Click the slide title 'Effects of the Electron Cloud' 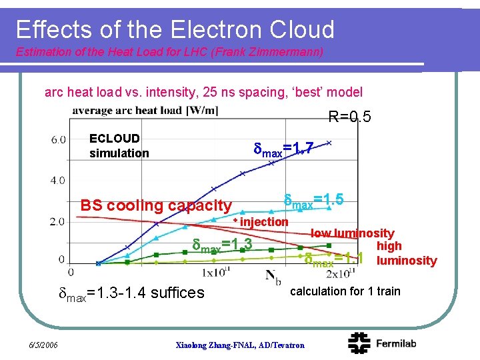click(175, 29)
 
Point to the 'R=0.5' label click(349, 118)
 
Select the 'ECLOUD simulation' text click(119, 146)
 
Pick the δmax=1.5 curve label click(313, 200)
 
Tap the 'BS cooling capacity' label click(155, 206)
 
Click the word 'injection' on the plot click(264, 221)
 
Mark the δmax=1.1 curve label click(333, 259)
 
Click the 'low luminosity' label click(352, 233)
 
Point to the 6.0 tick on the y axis click(58, 139)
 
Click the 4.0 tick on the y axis click(58, 180)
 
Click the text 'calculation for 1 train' click(345, 291)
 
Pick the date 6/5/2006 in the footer click(43, 345)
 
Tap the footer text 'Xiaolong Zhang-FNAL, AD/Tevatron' click(239, 345)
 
